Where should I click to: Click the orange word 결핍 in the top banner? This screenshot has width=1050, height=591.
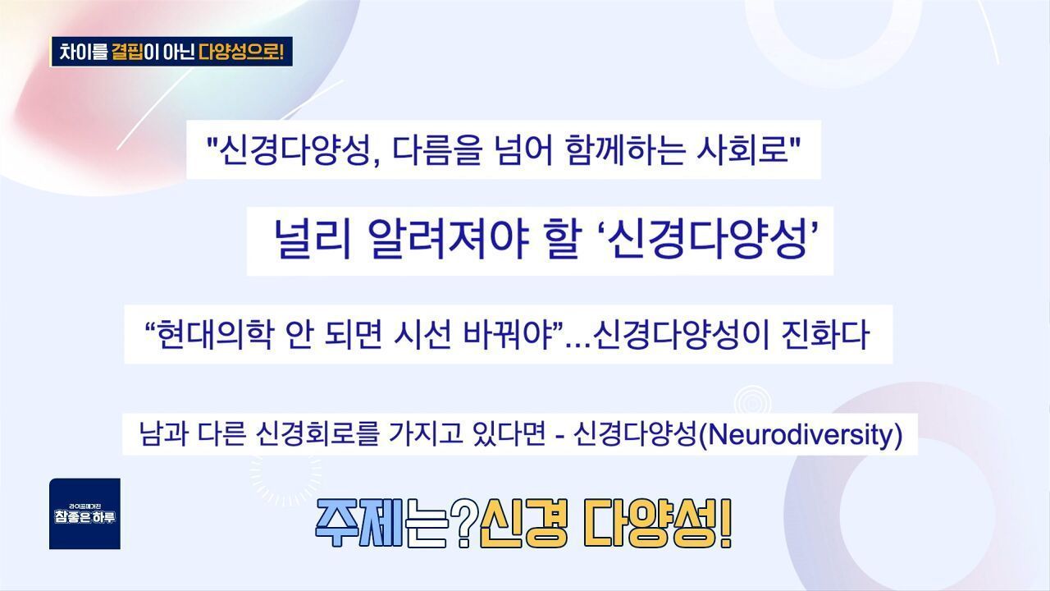click(127, 52)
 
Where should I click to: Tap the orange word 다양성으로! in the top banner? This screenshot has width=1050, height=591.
click(241, 52)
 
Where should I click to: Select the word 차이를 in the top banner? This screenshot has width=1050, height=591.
click(84, 52)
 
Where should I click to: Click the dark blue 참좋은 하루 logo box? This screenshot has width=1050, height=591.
click(84, 514)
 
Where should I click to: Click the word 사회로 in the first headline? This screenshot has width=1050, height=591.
click(743, 150)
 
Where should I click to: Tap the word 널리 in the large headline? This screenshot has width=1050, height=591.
click(313, 239)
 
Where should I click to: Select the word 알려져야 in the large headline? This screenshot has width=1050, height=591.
click(449, 239)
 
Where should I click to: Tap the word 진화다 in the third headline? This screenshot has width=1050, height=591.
click(825, 334)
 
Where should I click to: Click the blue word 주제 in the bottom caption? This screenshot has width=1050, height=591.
click(359, 524)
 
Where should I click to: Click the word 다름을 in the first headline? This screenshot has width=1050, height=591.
click(437, 150)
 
